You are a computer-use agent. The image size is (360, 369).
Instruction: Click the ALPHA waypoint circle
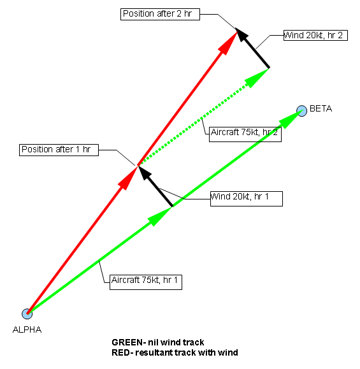tap(27, 314)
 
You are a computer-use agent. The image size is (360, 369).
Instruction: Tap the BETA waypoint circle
tap(301, 111)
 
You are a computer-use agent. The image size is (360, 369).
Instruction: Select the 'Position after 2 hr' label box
tap(160, 15)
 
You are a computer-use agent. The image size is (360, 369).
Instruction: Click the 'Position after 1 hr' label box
tap(59, 150)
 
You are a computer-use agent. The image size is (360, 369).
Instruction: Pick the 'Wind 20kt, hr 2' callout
tap(315, 35)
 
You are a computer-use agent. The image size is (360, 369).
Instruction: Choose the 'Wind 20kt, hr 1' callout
tap(247, 199)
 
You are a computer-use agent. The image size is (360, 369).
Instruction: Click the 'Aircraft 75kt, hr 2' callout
tap(245, 134)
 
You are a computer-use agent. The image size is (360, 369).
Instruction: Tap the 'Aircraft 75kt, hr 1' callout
tap(146, 282)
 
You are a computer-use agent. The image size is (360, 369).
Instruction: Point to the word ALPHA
tap(27, 329)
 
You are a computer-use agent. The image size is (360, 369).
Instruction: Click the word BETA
tap(320, 108)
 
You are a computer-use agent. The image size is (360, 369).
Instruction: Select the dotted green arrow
tap(204, 117)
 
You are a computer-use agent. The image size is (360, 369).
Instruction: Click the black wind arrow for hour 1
tap(155, 186)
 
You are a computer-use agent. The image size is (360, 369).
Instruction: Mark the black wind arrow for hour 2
tap(252, 48)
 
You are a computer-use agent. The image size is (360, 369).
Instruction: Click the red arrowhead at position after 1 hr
tap(128, 178)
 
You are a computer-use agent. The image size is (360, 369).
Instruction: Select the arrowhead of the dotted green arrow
tap(256, 77)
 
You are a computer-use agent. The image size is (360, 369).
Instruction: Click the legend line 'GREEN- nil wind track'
tap(158, 342)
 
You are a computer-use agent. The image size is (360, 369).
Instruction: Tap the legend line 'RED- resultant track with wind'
tap(175, 353)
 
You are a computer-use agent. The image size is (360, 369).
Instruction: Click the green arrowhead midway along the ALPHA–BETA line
tap(160, 216)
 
